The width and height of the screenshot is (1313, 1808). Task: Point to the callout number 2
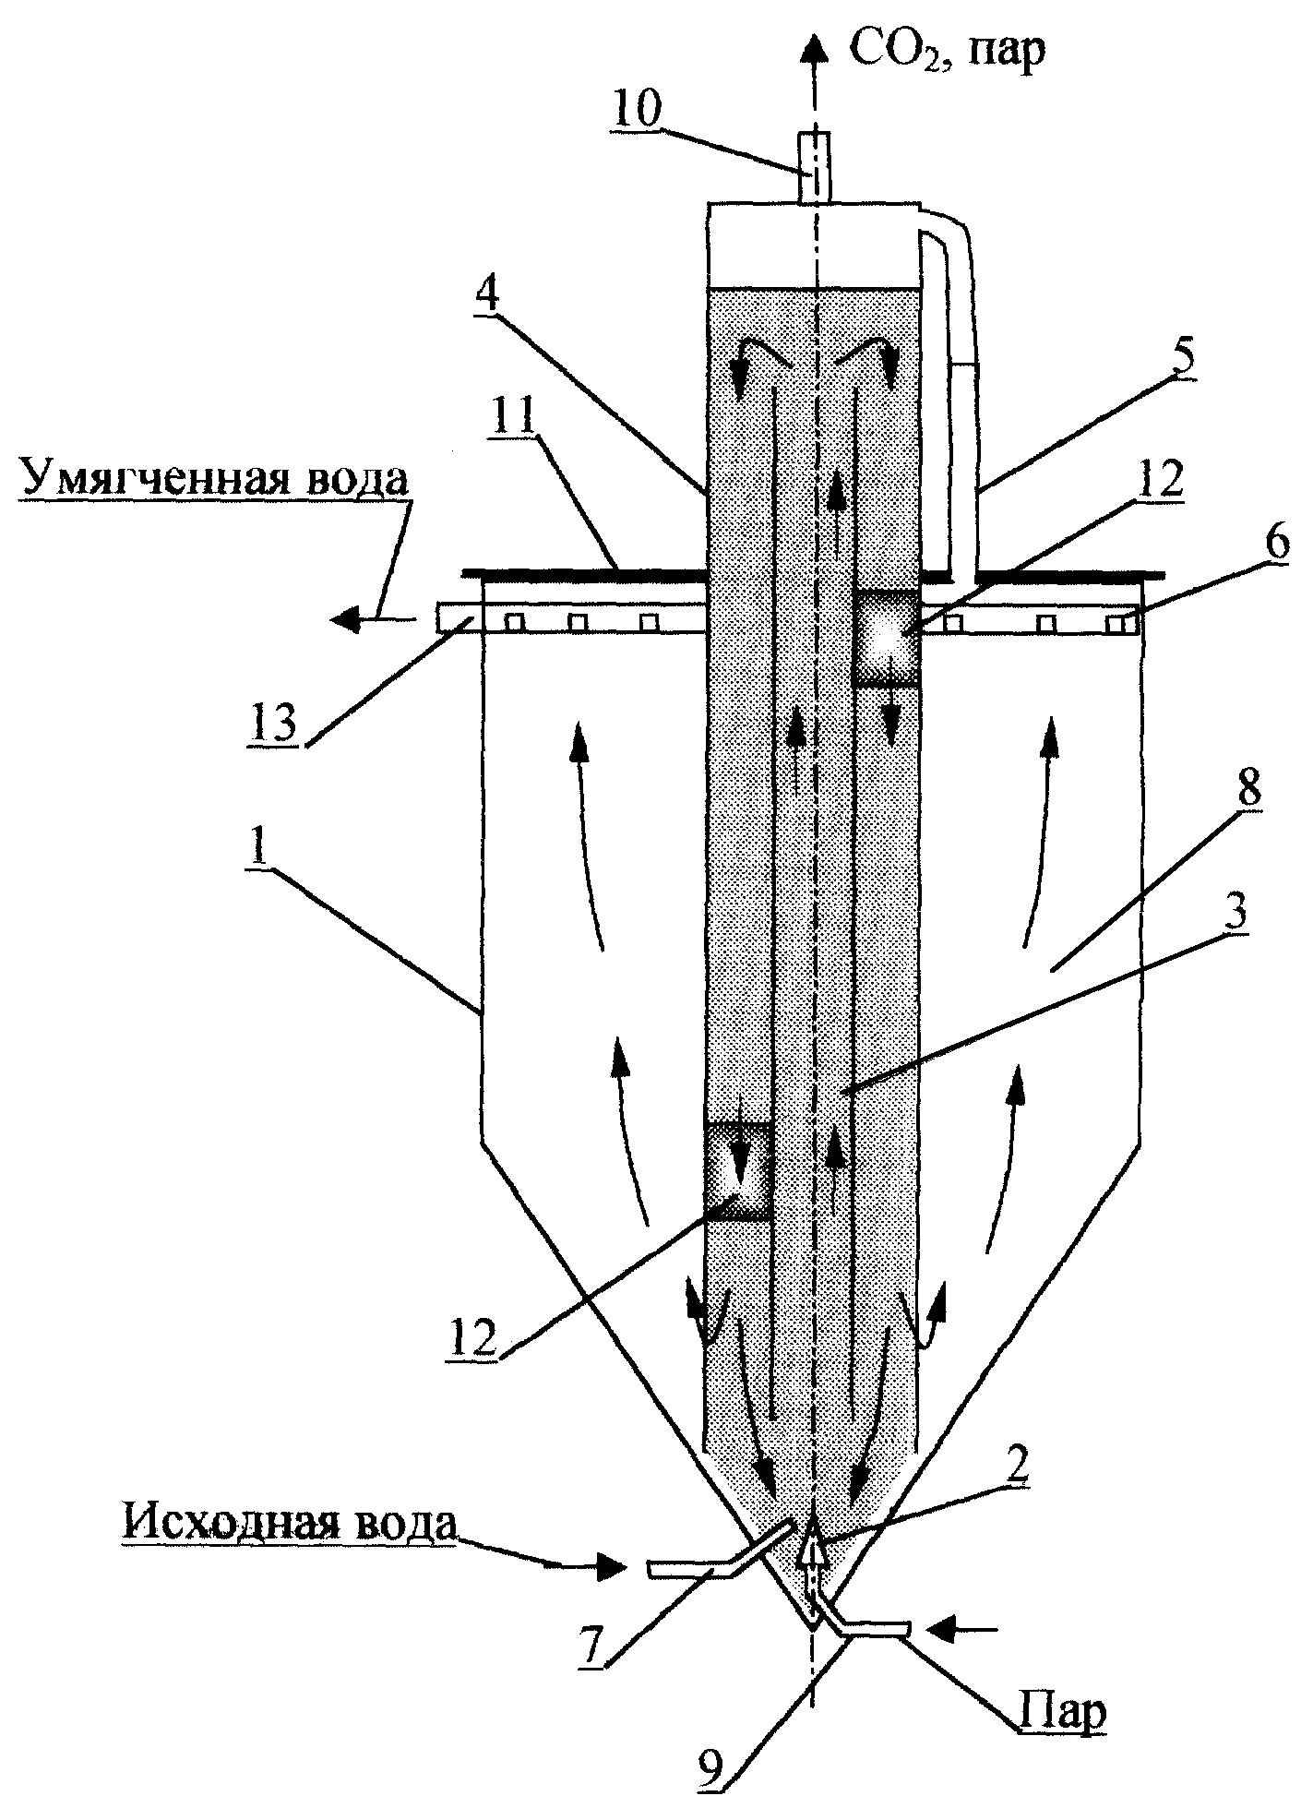[x=1016, y=1475]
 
